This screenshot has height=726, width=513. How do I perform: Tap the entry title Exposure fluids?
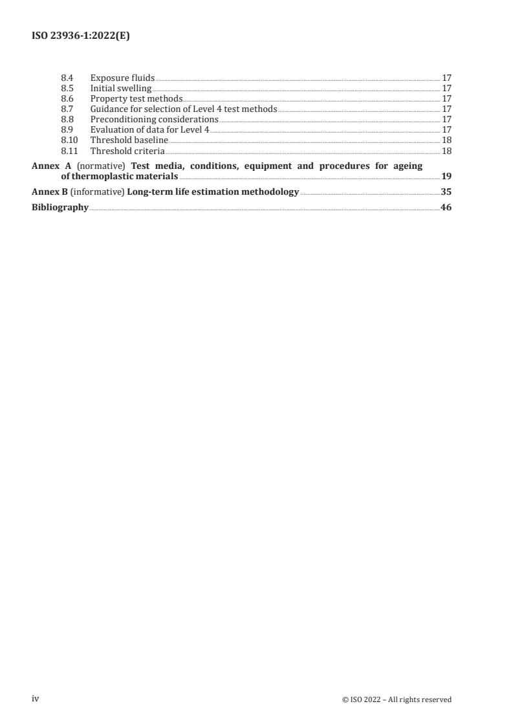click(x=122, y=78)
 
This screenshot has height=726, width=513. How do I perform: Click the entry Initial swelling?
click(x=121, y=89)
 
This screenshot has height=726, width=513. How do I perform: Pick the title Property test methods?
click(x=136, y=99)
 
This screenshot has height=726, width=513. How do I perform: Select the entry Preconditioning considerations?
click(x=154, y=120)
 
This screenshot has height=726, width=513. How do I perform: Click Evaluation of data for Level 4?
click(x=149, y=130)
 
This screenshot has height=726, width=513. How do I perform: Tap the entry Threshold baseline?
click(x=129, y=140)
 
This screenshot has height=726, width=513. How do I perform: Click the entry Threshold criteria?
click(x=127, y=151)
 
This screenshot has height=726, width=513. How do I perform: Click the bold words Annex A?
click(x=52, y=166)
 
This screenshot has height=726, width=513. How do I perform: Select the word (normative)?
click(x=101, y=166)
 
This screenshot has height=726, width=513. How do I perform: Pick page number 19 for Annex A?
click(x=446, y=177)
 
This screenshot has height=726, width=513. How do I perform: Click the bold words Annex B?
click(x=50, y=192)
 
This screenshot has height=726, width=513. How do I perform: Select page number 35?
click(x=446, y=192)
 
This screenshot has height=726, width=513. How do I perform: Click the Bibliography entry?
click(x=60, y=208)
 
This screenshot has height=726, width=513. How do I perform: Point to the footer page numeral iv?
click(x=36, y=699)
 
